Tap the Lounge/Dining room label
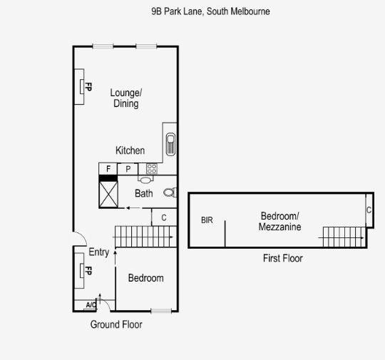(125, 98)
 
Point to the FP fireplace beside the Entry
(83, 271)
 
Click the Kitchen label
(130, 150)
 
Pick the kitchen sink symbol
(170, 143)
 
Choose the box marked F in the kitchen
(108, 169)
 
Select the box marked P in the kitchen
(128, 169)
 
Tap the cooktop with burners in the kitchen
(151, 169)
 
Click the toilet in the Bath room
(170, 192)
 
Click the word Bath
(144, 193)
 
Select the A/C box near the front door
(91, 305)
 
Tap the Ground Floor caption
(115, 325)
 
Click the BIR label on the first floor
(207, 221)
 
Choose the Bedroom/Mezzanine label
(279, 222)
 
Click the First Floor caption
(282, 258)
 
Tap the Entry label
(98, 252)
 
